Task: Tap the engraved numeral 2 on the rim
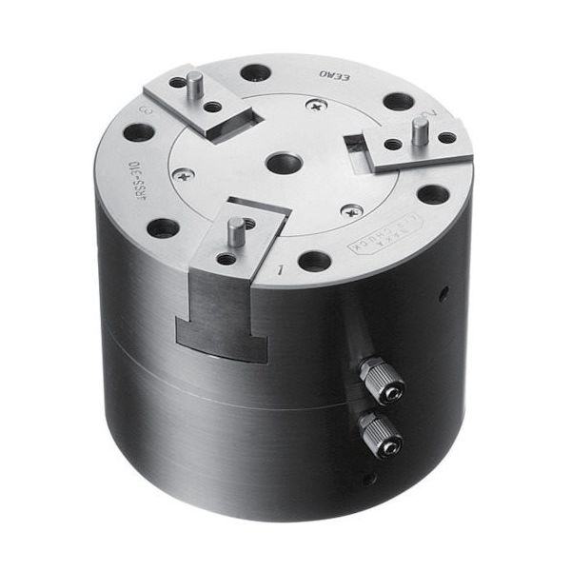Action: [434, 116]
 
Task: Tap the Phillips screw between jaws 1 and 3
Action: [186, 174]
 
